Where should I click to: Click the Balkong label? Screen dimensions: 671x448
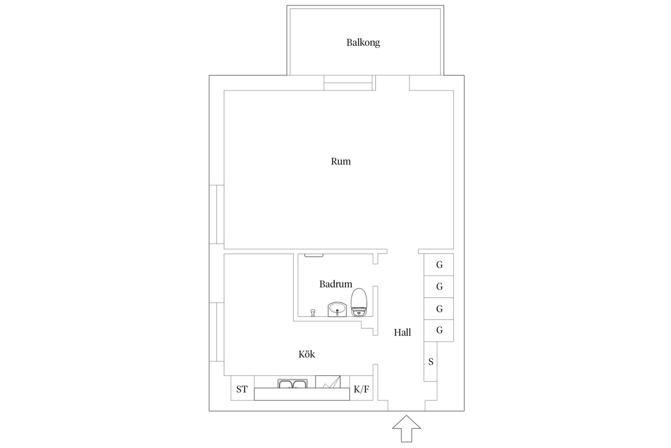click(x=363, y=43)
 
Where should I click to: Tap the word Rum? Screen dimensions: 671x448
click(x=340, y=161)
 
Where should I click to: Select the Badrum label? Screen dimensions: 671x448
click(x=335, y=284)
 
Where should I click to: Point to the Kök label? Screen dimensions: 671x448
click(x=307, y=354)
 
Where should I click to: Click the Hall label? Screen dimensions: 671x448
click(x=402, y=332)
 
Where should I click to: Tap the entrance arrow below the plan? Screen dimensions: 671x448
click(x=406, y=429)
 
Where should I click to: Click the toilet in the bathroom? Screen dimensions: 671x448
click(x=359, y=302)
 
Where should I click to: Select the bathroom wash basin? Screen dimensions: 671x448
click(x=337, y=309)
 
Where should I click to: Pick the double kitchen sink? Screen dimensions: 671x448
click(x=292, y=384)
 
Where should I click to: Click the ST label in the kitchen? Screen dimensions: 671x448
click(x=242, y=389)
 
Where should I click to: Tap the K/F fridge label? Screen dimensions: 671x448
click(x=361, y=389)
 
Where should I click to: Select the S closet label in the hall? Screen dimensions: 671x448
click(x=431, y=362)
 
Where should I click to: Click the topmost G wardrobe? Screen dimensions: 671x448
click(x=439, y=265)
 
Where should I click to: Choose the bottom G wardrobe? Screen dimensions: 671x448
click(x=439, y=330)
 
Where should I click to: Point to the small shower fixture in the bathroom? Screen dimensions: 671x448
click(x=313, y=313)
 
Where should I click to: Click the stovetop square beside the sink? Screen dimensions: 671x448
click(x=328, y=382)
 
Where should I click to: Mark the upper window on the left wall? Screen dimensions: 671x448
click(x=217, y=214)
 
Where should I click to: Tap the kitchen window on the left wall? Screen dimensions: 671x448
click(x=217, y=332)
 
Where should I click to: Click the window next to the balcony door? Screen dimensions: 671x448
click(x=349, y=83)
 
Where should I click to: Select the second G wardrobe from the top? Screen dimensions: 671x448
click(x=439, y=287)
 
